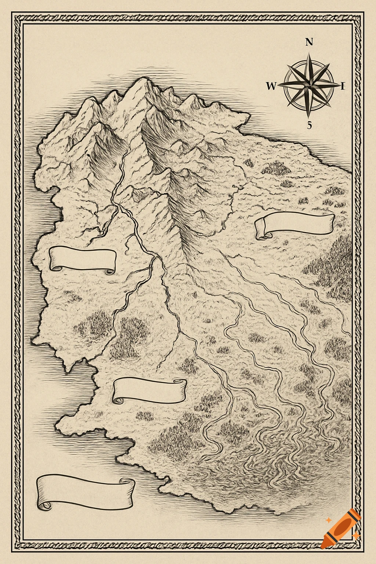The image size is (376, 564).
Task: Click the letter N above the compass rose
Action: pyautogui.click(x=309, y=42)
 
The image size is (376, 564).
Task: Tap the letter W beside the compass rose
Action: pyautogui.click(x=271, y=86)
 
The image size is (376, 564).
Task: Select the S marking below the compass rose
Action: pyautogui.click(x=309, y=125)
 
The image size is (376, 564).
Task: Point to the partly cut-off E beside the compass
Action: pyautogui.click(x=343, y=86)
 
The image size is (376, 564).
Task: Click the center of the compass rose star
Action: pyautogui.click(x=310, y=85)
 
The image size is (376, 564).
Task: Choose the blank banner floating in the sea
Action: pyautogui.click(x=85, y=491)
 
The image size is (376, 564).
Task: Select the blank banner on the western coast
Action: pyautogui.click(x=83, y=259)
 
